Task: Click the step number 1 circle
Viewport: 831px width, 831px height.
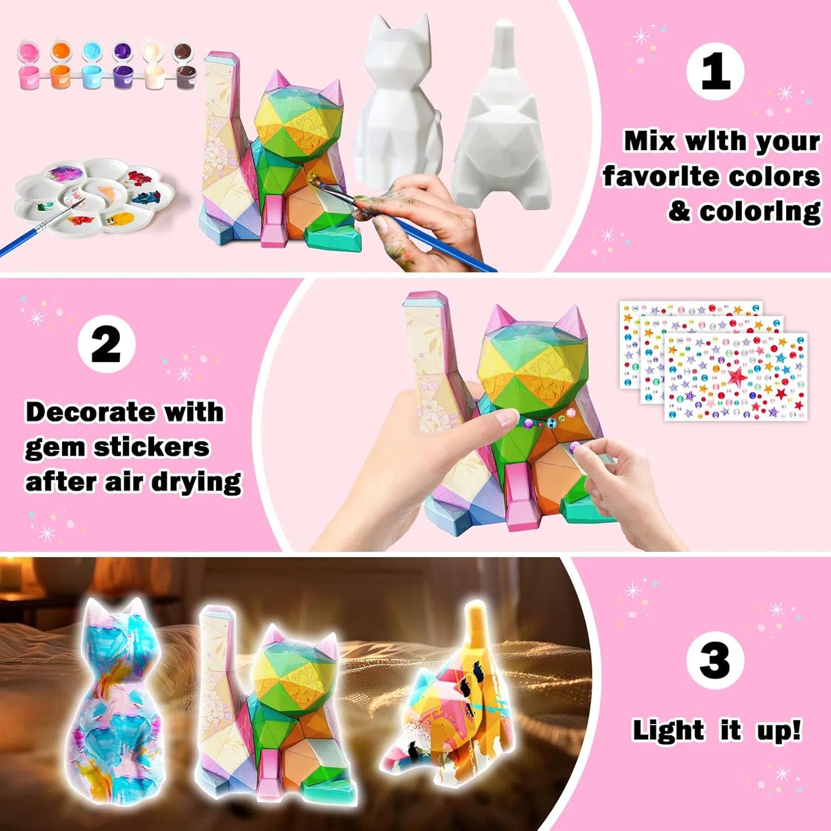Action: (715, 71)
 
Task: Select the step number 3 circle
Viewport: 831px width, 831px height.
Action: (715, 660)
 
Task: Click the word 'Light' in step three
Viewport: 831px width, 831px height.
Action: (668, 730)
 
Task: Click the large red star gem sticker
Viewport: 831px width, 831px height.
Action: (737, 377)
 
